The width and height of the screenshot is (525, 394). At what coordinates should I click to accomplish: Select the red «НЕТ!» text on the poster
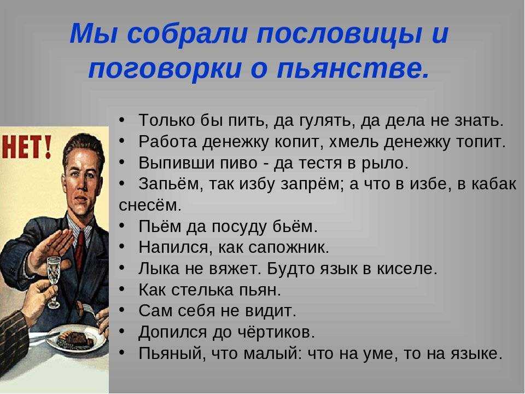point(27,148)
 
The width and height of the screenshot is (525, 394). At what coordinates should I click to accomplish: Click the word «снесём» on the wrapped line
point(150,205)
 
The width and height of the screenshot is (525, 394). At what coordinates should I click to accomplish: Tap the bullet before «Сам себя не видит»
point(122,310)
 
